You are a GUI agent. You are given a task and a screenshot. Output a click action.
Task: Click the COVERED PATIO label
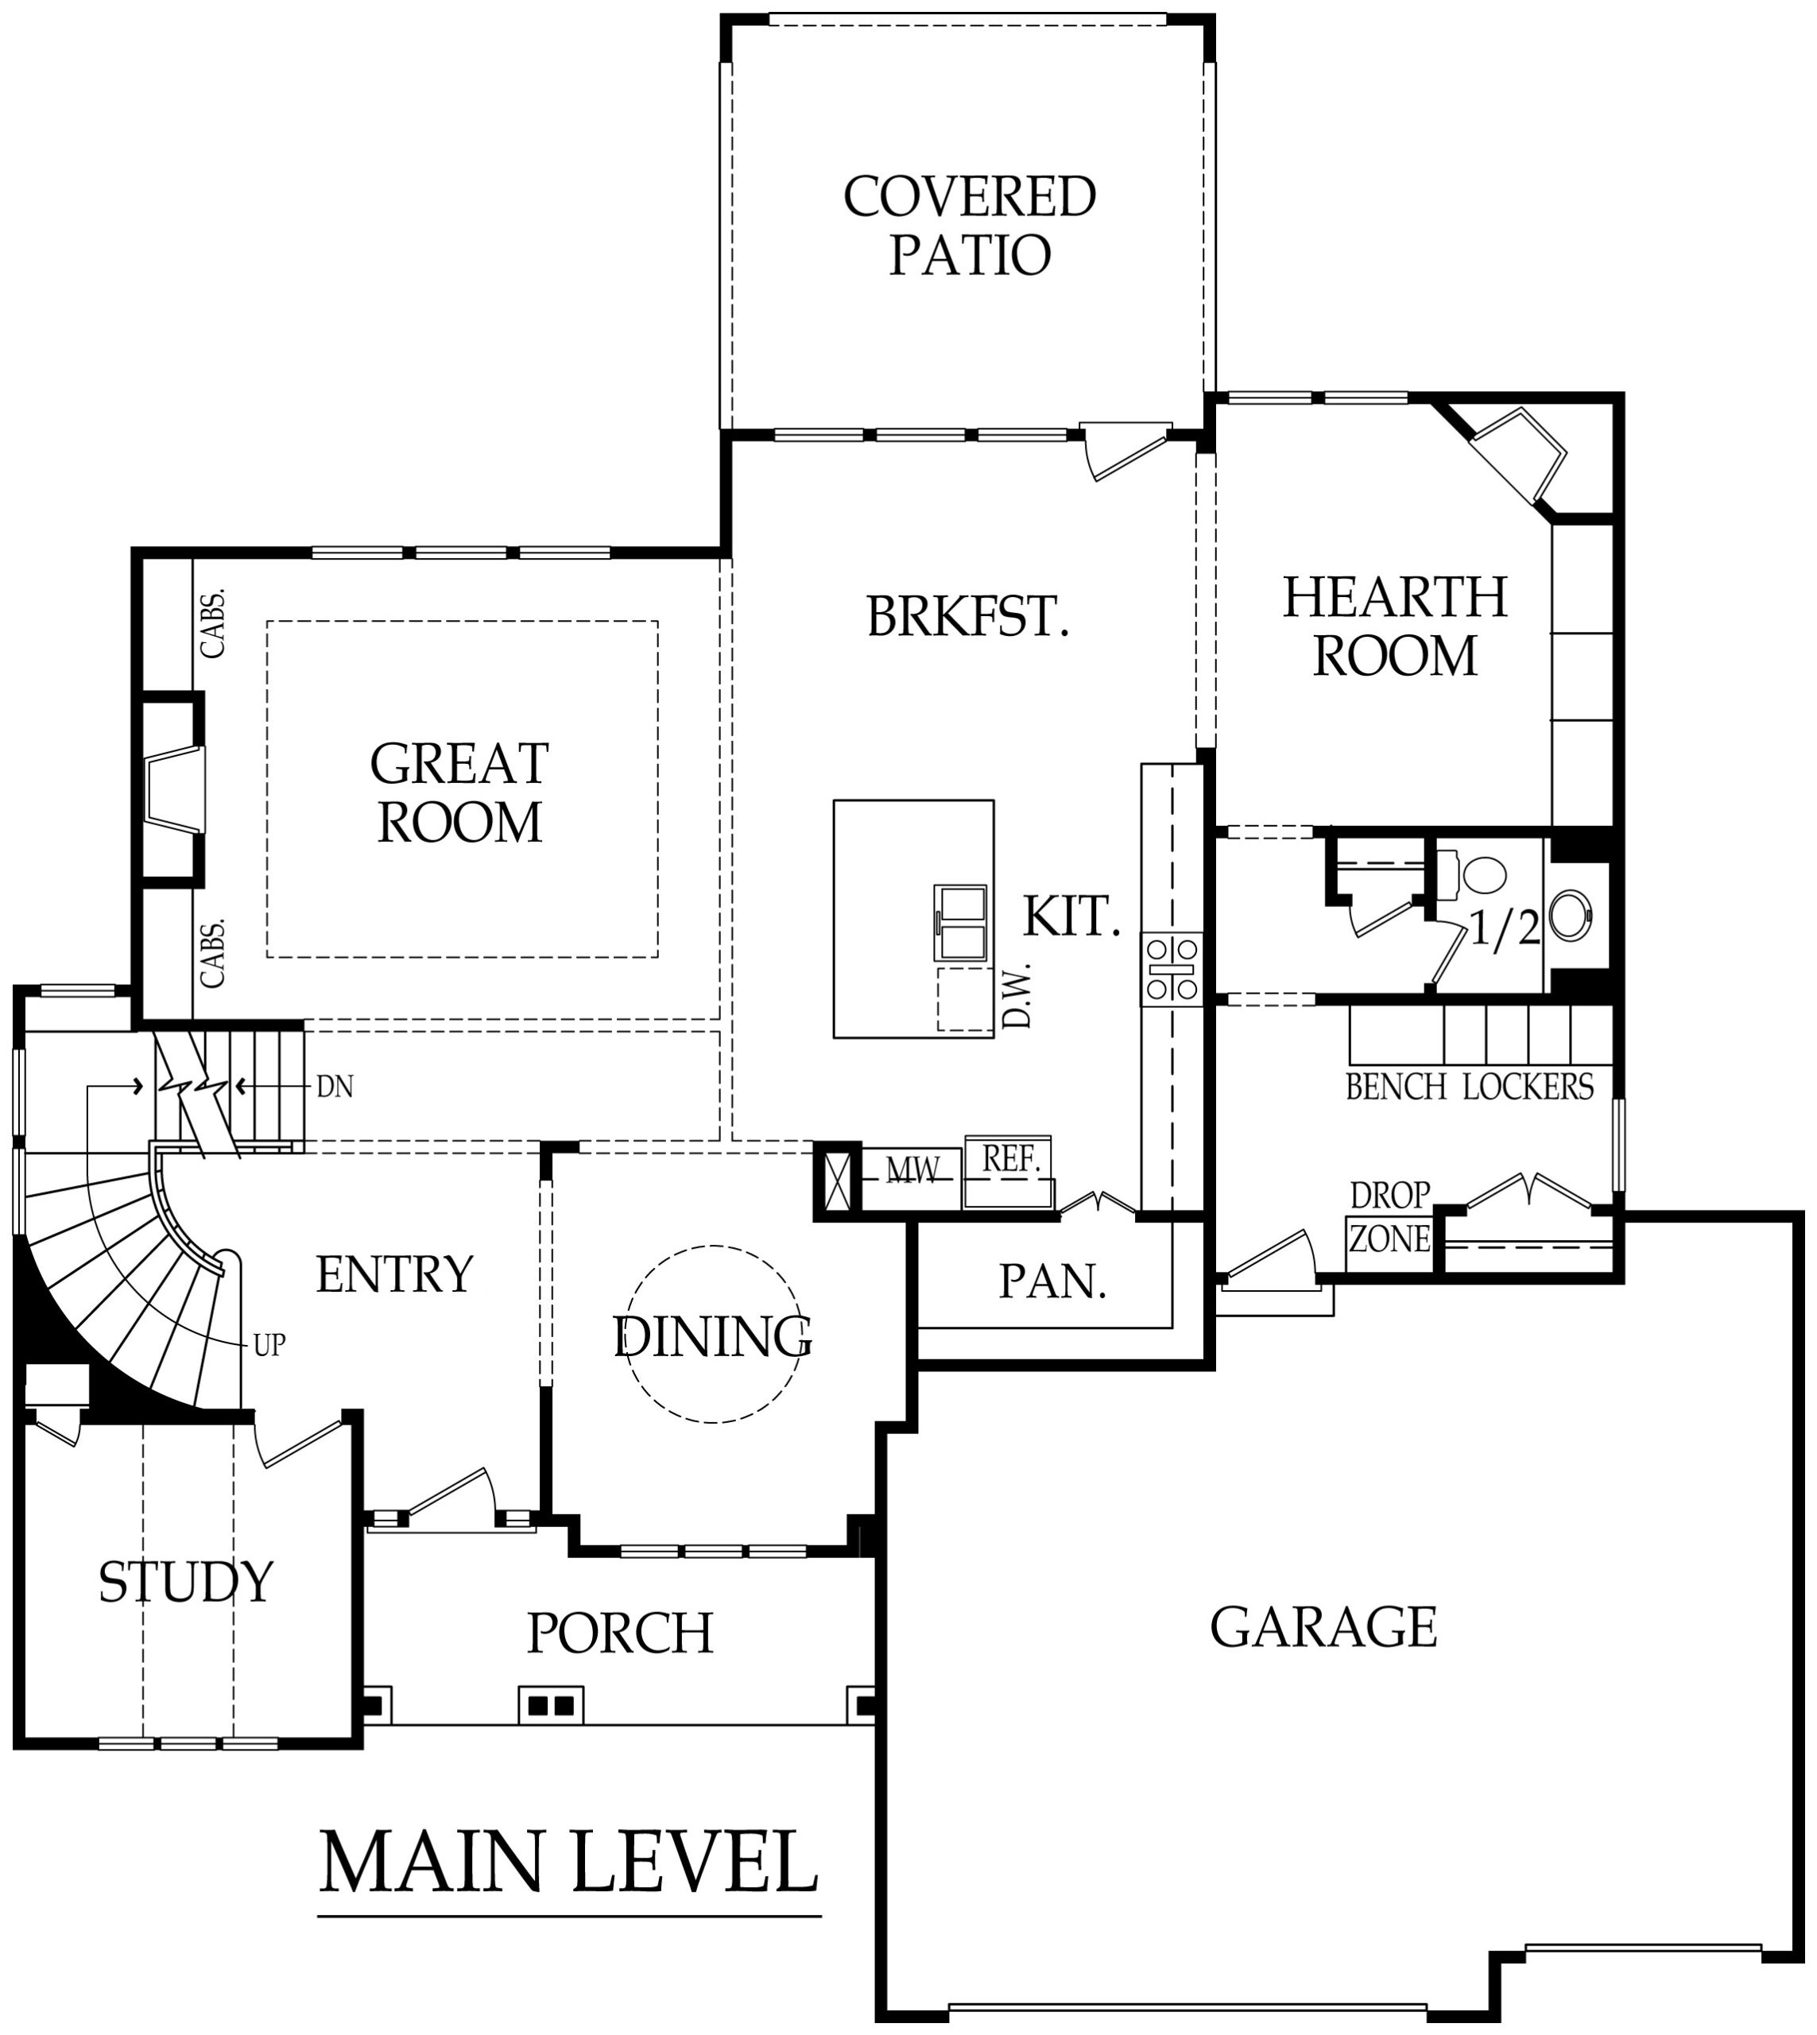click(970, 226)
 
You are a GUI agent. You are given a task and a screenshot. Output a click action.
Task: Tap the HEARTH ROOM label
click(1395, 626)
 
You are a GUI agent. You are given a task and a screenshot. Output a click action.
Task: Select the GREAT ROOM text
click(459, 792)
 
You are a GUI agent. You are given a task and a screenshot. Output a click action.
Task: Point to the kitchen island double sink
click(960, 923)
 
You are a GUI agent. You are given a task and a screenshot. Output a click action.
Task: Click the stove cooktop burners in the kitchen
click(1172, 968)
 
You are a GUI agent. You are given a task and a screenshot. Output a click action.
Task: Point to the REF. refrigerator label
click(1011, 1158)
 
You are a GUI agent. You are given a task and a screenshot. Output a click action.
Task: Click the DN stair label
click(335, 1087)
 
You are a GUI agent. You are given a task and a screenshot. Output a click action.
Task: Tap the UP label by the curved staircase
click(269, 1345)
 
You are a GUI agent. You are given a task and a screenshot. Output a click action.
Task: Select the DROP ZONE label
click(1389, 1217)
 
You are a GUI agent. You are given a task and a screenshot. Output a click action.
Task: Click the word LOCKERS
click(1528, 1087)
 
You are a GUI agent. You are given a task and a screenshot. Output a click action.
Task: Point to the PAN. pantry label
click(1053, 1281)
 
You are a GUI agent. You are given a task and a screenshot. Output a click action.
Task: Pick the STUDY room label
click(186, 1582)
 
